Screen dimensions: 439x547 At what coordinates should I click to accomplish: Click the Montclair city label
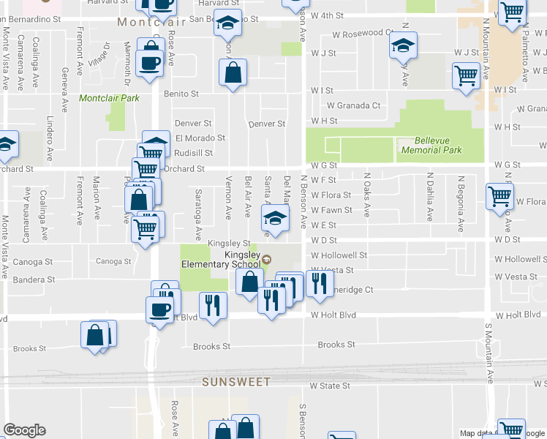coord(143,23)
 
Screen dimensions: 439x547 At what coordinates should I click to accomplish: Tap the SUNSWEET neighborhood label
coord(236,382)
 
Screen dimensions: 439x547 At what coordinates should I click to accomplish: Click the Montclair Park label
coord(109,97)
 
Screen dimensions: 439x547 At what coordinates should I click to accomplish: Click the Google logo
coord(24,430)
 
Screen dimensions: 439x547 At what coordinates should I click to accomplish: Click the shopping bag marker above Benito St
coord(233,72)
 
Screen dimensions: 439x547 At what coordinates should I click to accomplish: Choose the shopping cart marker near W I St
coord(466,75)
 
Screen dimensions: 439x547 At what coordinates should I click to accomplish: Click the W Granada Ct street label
coord(356,105)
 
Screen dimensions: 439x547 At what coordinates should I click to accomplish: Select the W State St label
coord(330,385)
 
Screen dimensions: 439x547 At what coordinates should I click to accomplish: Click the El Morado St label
coord(200,138)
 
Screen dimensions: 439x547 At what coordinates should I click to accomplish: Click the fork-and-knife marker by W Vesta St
coord(319,285)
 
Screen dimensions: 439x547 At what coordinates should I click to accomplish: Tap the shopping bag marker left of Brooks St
coord(95,336)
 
